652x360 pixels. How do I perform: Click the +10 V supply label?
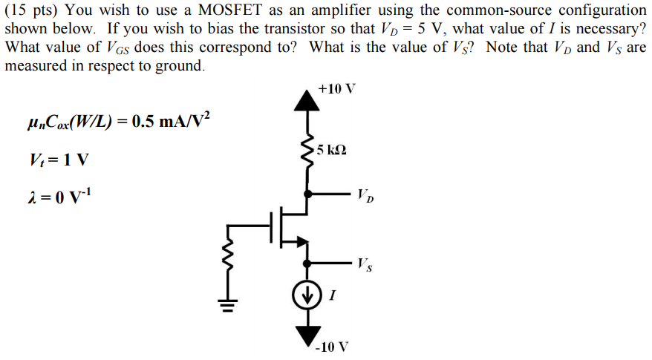(x=336, y=89)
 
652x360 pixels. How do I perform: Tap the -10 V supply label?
(x=332, y=347)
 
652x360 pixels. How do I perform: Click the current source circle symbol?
(x=305, y=295)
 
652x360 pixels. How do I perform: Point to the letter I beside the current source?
(x=331, y=296)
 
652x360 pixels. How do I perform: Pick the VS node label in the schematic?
(x=365, y=263)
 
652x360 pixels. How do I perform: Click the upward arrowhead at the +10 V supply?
(x=305, y=99)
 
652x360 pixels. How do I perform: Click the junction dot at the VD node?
(x=305, y=192)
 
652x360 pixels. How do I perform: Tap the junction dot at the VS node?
(x=305, y=261)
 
